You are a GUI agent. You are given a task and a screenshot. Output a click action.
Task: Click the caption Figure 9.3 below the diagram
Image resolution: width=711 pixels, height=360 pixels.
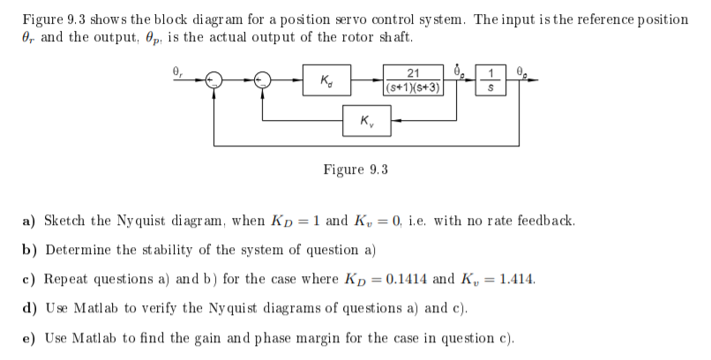click(355, 169)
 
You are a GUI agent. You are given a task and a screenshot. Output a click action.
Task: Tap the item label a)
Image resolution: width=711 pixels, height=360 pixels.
click(28, 221)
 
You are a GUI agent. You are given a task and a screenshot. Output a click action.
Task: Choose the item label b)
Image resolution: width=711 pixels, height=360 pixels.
click(28, 250)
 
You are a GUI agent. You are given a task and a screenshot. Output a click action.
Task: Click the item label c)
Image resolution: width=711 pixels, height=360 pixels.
click(28, 279)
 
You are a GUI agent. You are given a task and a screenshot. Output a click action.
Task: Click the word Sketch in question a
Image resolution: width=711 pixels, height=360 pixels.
click(64, 221)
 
